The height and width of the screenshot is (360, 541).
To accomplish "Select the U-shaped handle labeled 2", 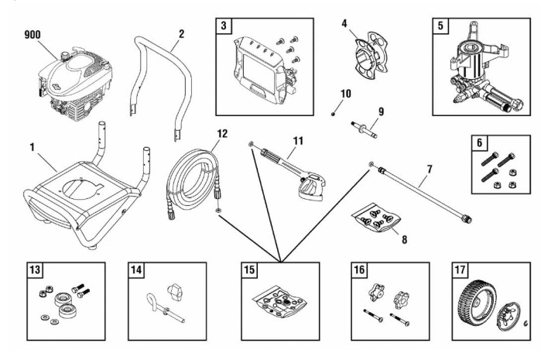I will [x=163, y=85].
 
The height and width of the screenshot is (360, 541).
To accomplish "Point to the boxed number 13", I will [x=33, y=271].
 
